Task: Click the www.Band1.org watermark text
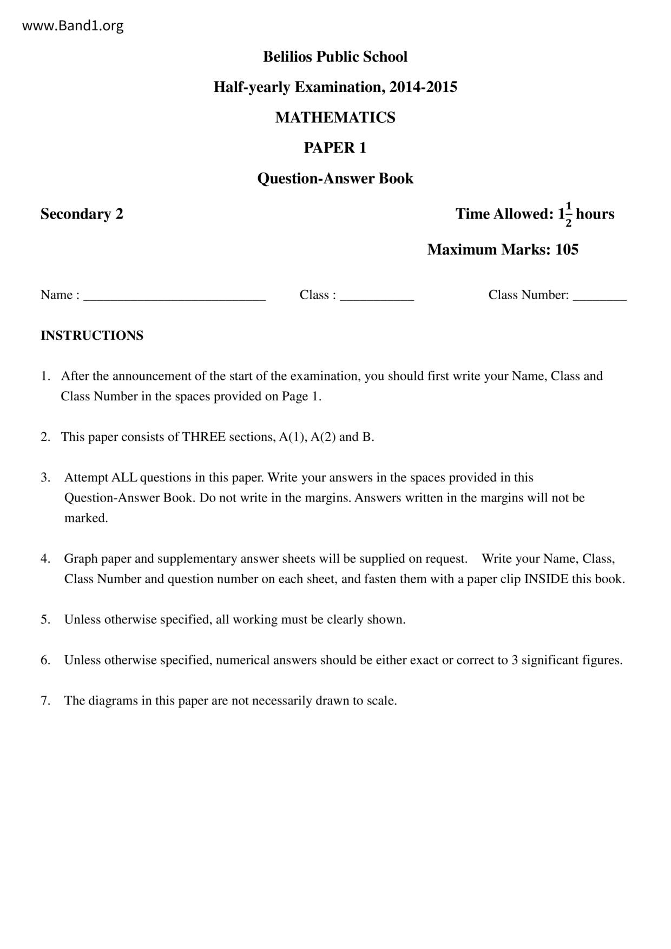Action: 73,25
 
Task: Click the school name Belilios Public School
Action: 335,57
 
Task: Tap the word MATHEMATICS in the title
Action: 335,117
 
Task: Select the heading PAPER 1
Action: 335,148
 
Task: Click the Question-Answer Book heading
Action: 335,179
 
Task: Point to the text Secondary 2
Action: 82,214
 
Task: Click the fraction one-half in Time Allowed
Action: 568,214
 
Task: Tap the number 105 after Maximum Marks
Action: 567,249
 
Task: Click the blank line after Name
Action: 174,296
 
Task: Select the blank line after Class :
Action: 377,296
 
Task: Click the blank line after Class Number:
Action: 600,296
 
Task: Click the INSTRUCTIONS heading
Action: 92,335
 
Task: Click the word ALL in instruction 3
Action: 124,478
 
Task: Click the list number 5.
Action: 45,620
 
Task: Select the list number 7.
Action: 45,701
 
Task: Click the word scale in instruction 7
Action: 380,701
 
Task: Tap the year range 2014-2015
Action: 423,87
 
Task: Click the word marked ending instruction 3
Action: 85,518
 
